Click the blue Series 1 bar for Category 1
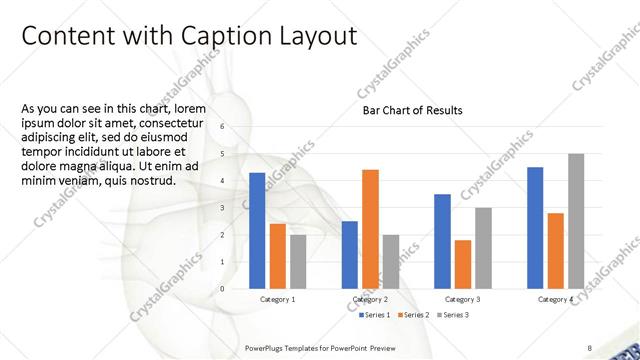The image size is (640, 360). [257, 230]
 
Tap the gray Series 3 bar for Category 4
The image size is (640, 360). [576, 221]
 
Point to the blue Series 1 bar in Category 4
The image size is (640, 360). [535, 227]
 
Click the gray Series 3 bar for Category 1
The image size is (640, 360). [298, 261]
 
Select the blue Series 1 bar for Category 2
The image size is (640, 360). [350, 254]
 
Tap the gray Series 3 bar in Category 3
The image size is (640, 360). [483, 248]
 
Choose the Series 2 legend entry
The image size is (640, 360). [414, 315]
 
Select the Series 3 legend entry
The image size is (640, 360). [452, 315]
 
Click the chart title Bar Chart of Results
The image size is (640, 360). [412, 110]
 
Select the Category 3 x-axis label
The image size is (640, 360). [463, 300]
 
